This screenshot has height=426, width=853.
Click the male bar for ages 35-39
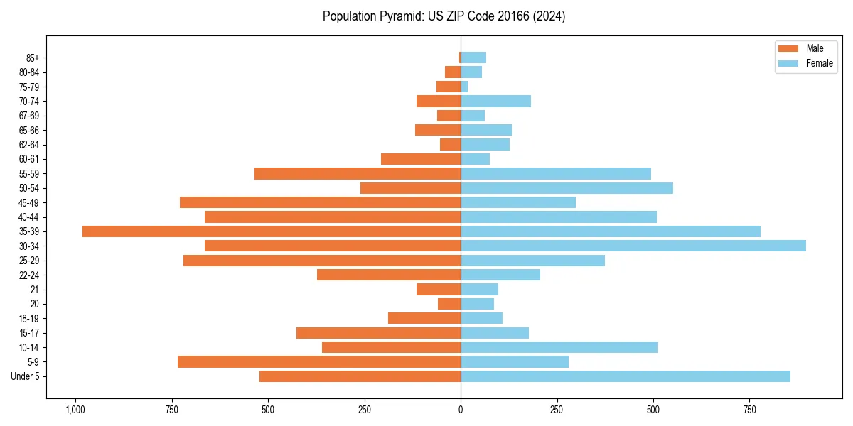coord(272,231)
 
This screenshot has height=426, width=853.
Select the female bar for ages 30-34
coord(633,246)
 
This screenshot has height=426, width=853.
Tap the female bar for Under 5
coord(626,376)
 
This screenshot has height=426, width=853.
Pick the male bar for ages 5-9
coord(319,362)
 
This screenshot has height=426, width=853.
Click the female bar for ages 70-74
coord(496,101)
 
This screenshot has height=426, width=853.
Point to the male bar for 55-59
coord(358,173)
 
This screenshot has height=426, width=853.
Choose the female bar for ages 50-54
coord(567,188)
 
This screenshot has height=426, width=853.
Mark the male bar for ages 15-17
coord(378,333)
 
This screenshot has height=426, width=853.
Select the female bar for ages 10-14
coord(559,347)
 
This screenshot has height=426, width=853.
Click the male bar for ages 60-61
coord(421,159)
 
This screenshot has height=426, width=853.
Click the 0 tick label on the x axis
coord(461,410)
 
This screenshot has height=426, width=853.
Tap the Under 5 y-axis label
coord(26,376)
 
